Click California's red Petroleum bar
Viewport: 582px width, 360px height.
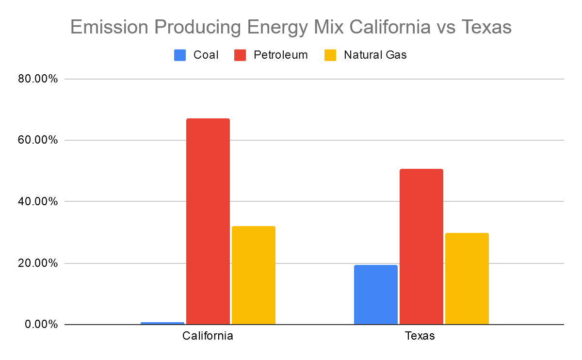point(208,221)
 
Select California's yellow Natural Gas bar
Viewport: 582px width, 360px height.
point(254,275)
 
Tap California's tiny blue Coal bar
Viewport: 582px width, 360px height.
point(162,323)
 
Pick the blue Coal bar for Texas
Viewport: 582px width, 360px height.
point(376,295)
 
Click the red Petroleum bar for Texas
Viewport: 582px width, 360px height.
point(421,246)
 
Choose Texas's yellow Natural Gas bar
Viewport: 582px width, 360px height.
point(467,278)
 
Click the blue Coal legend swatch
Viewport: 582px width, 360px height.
point(180,55)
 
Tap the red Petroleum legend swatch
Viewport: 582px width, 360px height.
point(240,55)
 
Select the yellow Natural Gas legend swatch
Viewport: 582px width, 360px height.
point(330,55)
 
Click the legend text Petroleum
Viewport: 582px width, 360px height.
point(281,55)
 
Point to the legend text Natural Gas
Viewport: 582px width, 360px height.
point(375,55)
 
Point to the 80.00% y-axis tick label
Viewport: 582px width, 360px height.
point(38,79)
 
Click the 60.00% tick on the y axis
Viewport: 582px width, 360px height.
point(38,140)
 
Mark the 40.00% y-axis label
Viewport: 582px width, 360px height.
point(38,201)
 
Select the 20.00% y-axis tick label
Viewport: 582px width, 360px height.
point(38,263)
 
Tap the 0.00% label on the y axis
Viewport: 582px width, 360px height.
point(41,325)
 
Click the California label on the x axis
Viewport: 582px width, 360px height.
point(208,336)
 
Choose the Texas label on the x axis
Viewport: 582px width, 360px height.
point(420,336)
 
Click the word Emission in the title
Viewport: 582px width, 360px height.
point(109,27)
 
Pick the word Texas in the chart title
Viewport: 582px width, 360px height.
point(486,27)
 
